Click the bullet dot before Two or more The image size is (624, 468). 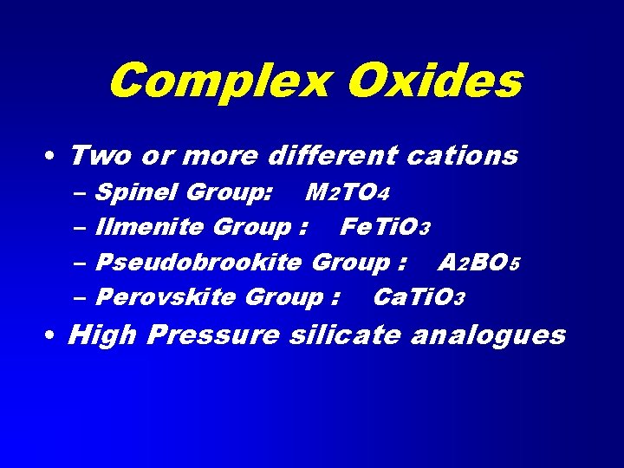coord(54,157)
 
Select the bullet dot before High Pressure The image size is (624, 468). coord(54,335)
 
